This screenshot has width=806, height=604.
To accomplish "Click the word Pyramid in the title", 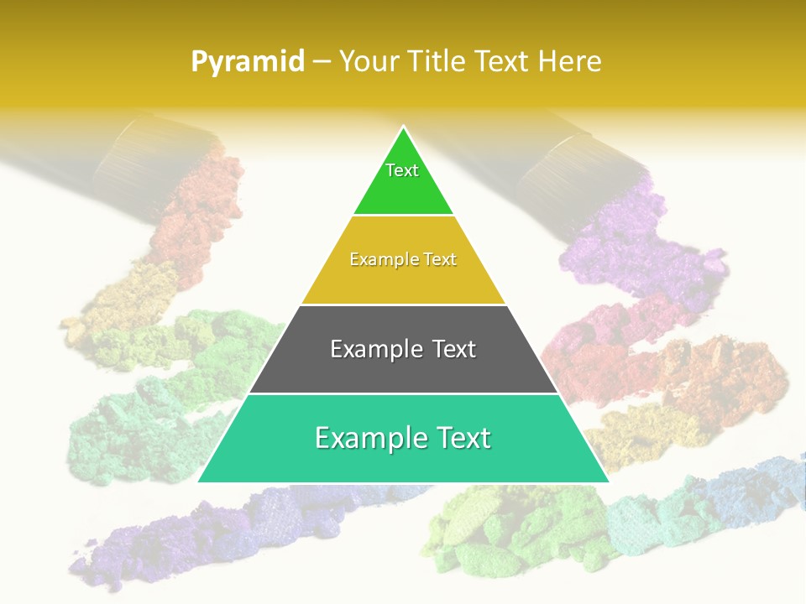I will pos(247,62).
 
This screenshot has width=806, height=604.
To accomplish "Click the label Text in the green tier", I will pos(402,170).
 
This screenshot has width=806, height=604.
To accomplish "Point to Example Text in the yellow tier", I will pos(403,259).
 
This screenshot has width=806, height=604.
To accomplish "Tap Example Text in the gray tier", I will pos(403,349).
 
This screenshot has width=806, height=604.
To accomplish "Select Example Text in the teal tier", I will pos(403,438).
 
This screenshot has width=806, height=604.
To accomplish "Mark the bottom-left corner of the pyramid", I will pos(199,482).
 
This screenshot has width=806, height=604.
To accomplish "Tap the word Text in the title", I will pos(503,61).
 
